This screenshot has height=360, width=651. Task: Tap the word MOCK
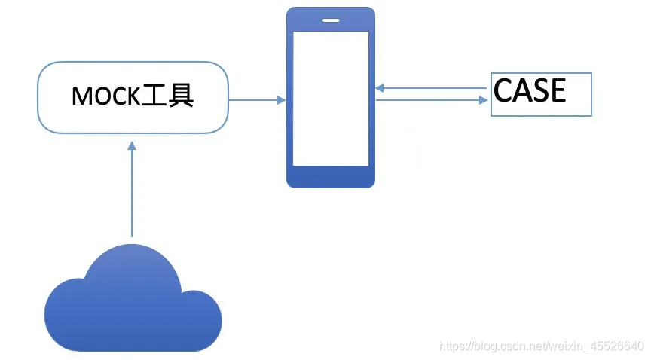(105, 96)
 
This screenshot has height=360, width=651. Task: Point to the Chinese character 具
(180, 96)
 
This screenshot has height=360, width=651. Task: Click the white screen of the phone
(330, 98)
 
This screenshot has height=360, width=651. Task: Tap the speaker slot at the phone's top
(330, 20)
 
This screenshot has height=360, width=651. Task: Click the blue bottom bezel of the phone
(330, 177)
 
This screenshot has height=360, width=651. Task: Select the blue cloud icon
(132, 301)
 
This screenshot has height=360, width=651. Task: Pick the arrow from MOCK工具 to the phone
(256, 99)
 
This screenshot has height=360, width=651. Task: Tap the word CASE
(530, 90)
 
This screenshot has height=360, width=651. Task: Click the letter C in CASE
(503, 90)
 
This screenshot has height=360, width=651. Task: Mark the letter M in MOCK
(81, 96)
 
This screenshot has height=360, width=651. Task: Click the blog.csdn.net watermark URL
(541, 346)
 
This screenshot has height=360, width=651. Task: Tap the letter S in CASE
(539, 90)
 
